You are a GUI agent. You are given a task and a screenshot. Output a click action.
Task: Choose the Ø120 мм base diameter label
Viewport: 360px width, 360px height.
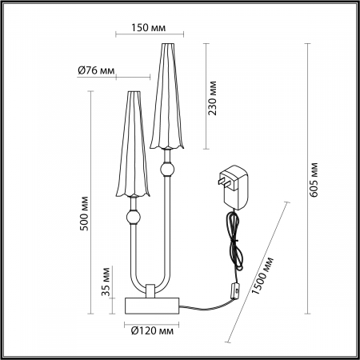(151, 330)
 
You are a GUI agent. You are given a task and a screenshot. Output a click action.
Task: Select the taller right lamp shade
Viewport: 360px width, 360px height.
(166, 96)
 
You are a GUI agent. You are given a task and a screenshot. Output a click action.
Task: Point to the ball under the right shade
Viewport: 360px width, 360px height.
(167, 169)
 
